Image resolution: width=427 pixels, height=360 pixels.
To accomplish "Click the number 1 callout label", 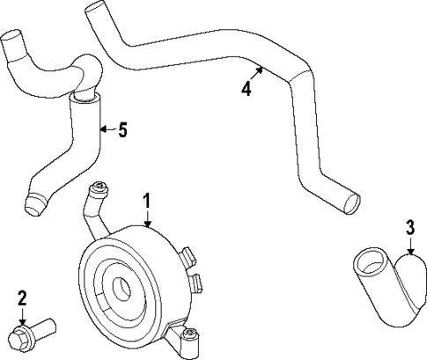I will pos(148,202).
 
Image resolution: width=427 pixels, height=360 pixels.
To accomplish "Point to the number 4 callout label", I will pos(247,89).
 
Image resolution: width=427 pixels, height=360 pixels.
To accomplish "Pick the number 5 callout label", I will pos(122,130).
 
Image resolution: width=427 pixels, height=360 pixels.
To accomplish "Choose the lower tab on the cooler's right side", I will pos(196,283).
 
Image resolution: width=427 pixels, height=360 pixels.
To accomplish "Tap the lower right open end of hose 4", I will pos(352,202).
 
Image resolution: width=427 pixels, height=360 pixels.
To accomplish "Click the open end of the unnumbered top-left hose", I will pos(12,40).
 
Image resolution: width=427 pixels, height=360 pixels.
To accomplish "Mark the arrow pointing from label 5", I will pos(107,130).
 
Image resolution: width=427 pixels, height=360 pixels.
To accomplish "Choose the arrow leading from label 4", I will pos(257,72).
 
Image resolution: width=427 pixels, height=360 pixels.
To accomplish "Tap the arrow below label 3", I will pos(410,249).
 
